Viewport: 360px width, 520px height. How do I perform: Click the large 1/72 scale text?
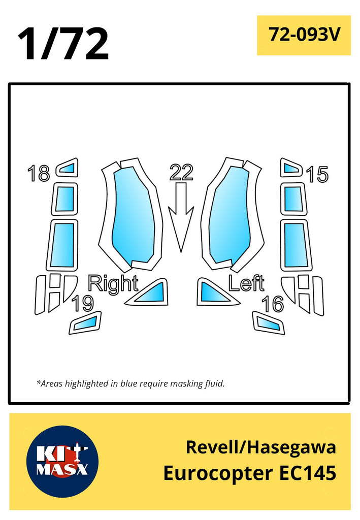[x=63, y=44]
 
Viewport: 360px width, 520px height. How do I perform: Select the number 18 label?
[x=39, y=173]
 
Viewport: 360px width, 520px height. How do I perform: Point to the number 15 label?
[x=317, y=174]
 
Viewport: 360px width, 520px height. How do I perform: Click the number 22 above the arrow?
[x=181, y=172]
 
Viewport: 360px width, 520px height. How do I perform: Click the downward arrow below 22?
[x=181, y=217]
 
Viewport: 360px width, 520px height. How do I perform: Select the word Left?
[x=246, y=283]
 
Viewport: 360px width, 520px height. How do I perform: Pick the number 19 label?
[x=83, y=303]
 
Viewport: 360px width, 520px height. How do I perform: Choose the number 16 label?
[x=273, y=304]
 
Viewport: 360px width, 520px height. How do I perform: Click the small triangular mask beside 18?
[x=68, y=168]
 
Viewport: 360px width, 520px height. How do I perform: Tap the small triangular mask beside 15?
[x=291, y=168]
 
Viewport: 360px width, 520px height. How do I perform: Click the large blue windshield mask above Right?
[x=133, y=214]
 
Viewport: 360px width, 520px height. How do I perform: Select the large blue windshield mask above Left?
[x=231, y=214]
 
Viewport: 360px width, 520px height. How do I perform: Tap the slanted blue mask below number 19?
[x=85, y=322]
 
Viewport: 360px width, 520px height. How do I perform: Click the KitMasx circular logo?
[x=62, y=461]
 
